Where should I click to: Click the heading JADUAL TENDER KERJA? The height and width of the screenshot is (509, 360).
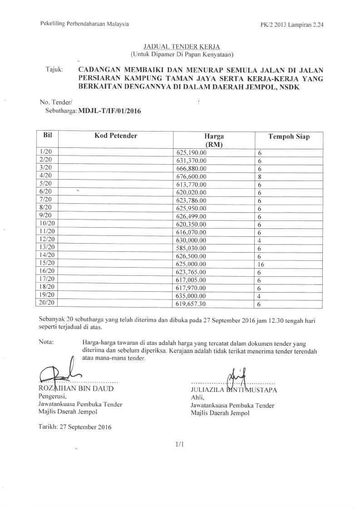(x=181, y=47)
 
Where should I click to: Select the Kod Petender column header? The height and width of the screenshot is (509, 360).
(x=116, y=136)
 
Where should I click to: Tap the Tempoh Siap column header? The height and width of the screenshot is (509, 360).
(x=289, y=137)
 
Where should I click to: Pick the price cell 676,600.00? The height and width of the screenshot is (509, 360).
(x=191, y=176)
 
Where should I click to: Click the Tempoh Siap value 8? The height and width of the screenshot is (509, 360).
(x=260, y=176)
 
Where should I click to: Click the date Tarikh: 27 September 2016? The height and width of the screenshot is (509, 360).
(x=75, y=426)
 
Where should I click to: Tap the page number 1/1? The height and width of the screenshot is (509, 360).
(x=179, y=445)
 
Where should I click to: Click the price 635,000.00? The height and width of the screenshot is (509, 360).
(x=191, y=295)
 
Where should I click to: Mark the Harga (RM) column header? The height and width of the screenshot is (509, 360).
(x=214, y=140)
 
